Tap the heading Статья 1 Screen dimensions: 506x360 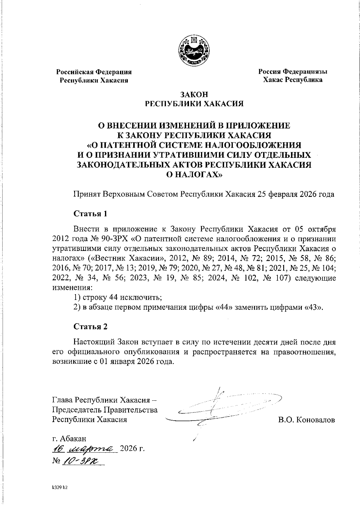90,214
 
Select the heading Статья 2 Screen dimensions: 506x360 90,327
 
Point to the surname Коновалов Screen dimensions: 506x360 315,420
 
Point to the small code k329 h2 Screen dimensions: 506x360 58,488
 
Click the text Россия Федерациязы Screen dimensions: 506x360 293,72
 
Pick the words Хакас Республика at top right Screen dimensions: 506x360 293,80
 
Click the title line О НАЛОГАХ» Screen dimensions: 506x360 194,175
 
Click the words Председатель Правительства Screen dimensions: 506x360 105,410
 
